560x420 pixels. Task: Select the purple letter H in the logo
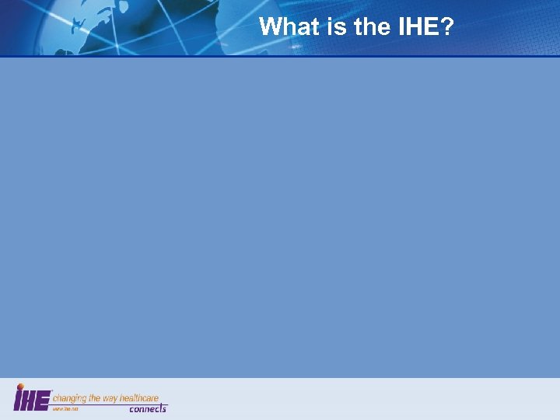point(30,400)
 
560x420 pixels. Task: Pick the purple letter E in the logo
point(44,400)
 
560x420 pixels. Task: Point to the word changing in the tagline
point(69,398)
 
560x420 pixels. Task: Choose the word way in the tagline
point(111,398)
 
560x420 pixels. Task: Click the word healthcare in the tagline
point(140,398)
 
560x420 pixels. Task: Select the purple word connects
point(148,409)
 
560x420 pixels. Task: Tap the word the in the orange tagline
point(95,398)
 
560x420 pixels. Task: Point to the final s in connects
point(164,409)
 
